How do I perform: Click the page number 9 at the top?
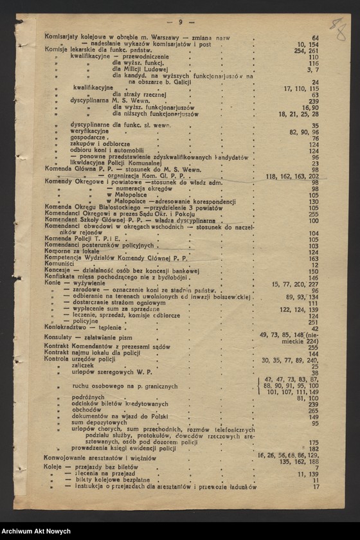tap(181, 22)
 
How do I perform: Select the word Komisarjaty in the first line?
tap(64, 38)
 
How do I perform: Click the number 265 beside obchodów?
tap(313, 410)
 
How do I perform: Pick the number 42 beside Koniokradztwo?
tap(315, 328)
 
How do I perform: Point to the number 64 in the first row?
tap(315, 38)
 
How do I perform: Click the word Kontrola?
tap(59, 360)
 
